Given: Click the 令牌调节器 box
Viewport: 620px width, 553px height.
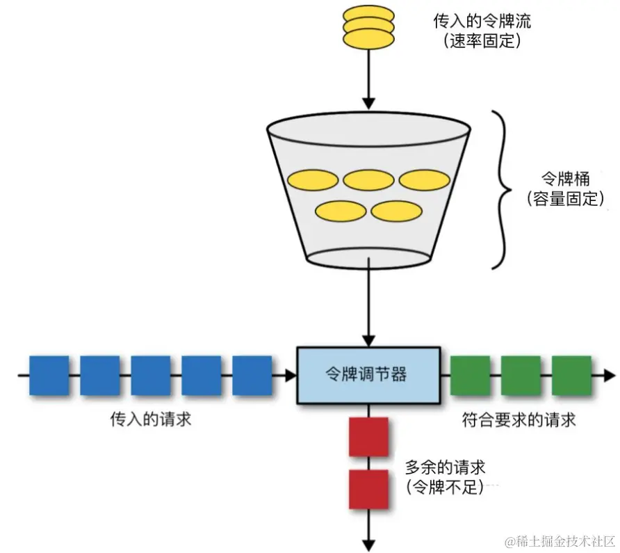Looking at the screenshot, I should coord(368,375).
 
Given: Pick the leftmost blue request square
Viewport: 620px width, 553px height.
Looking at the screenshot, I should coord(49,376).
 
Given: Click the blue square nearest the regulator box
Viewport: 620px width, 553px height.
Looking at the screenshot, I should coord(252,376).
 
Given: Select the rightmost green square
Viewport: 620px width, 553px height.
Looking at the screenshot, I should coord(571,376).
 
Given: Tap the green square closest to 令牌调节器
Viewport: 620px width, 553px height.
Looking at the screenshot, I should coord(471,376).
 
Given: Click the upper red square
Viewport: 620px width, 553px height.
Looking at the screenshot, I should coord(368,437).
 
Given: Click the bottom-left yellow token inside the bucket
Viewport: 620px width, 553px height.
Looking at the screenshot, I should coord(340,211).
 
